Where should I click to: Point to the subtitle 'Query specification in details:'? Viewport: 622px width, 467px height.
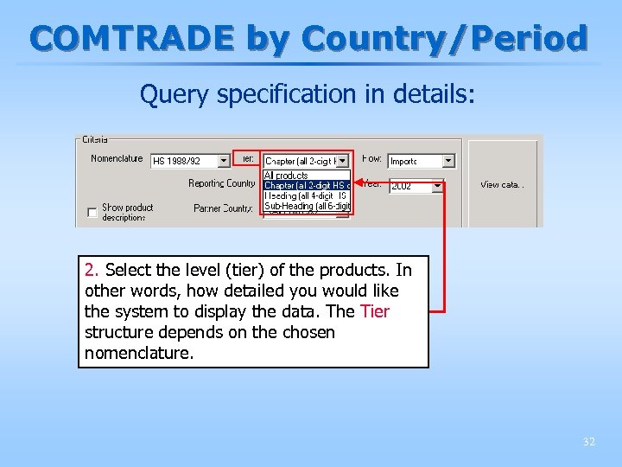[x=308, y=94]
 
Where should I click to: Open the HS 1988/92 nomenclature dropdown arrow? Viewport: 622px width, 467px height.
[x=224, y=161]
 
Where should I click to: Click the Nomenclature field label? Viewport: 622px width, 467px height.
[x=117, y=158]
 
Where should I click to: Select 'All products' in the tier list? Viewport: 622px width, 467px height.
[x=286, y=176]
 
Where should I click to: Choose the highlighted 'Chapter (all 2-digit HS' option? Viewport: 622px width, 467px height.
[x=305, y=185]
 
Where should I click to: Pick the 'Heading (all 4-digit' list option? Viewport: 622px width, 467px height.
[x=305, y=195]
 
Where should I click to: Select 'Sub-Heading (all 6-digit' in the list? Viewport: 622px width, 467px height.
[x=307, y=206]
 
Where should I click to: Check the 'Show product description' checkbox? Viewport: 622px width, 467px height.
[x=92, y=212]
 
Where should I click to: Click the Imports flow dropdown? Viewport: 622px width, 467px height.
[x=421, y=161]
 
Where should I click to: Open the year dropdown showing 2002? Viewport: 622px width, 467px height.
[x=416, y=186]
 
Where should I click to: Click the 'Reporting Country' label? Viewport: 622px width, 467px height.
[x=222, y=183]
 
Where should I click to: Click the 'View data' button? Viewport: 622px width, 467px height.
[x=502, y=184]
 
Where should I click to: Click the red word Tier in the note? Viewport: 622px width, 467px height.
[x=375, y=311]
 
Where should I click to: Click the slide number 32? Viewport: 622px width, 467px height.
[x=589, y=442]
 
